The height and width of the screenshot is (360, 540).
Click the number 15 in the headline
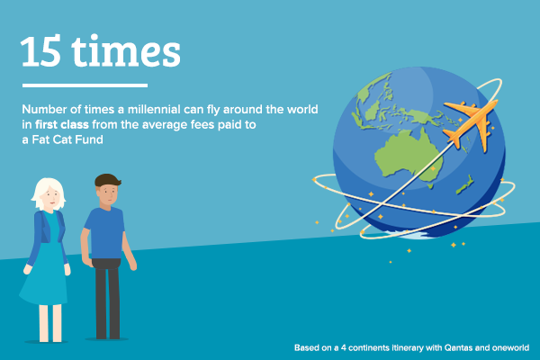point(40,51)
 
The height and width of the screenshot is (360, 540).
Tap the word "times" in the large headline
point(126,51)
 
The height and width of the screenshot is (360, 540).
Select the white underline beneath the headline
point(85,85)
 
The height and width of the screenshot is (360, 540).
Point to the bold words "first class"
point(61,124)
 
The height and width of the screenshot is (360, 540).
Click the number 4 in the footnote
point(344,347)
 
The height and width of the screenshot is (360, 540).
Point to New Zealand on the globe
point(465,184)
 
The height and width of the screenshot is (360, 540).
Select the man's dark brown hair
point(107,180)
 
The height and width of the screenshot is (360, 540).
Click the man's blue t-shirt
point(105,233)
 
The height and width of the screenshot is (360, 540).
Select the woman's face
point(50,197)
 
